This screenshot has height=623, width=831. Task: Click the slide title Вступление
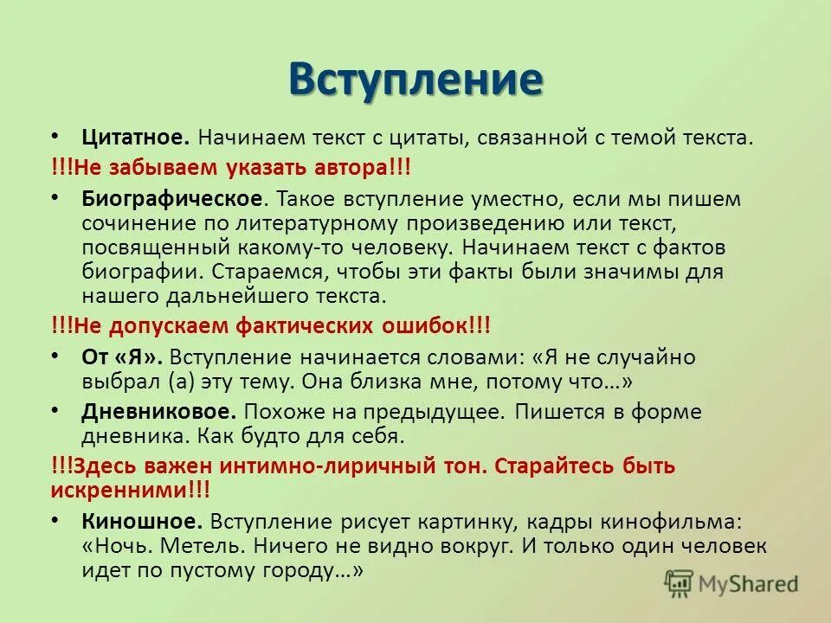415,79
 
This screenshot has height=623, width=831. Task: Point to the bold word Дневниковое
158,411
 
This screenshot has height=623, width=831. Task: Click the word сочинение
131,222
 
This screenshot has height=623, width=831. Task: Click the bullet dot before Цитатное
55,136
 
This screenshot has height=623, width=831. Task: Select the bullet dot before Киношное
55,521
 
